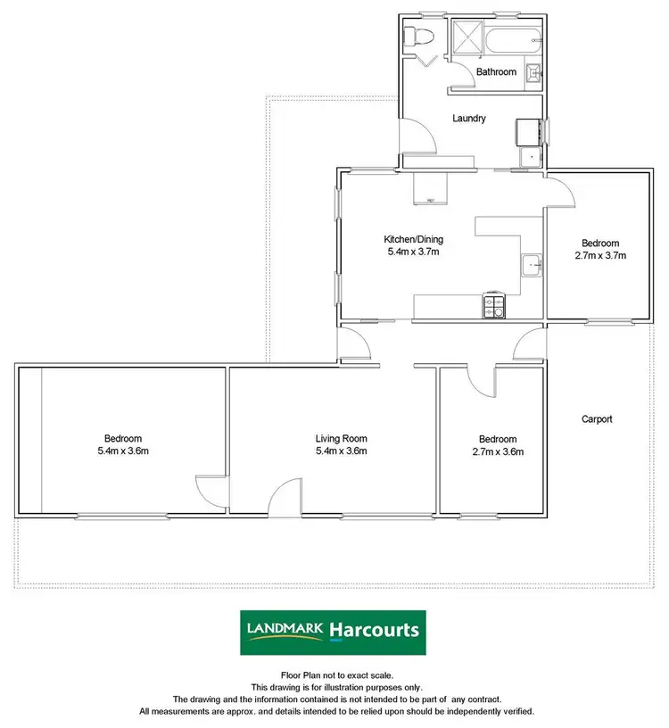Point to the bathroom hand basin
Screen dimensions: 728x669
click(x=534, y=74)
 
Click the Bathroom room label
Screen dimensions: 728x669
click(x=496, y=71)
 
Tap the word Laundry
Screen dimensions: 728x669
click(x=468, y=118)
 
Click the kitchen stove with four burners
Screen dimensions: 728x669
click(x=494, y=306)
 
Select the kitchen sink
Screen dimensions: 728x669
click(x=533, y=265)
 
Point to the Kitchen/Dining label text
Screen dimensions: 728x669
click(x=413, y=239)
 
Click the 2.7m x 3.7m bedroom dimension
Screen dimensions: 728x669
click(x=600, y=256)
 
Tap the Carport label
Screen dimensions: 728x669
click(x=597, y=418)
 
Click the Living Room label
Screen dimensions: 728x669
click(x=341, y=438)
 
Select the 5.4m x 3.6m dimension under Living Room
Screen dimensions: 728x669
click(x=341, y=451)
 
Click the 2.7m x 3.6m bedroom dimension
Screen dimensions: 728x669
click(x=497, y=451)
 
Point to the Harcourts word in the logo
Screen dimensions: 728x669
click(x=374, y=630)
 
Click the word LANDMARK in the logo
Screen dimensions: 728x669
click(x=285, y=631)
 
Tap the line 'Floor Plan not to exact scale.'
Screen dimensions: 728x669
click(x=336, y=675)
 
